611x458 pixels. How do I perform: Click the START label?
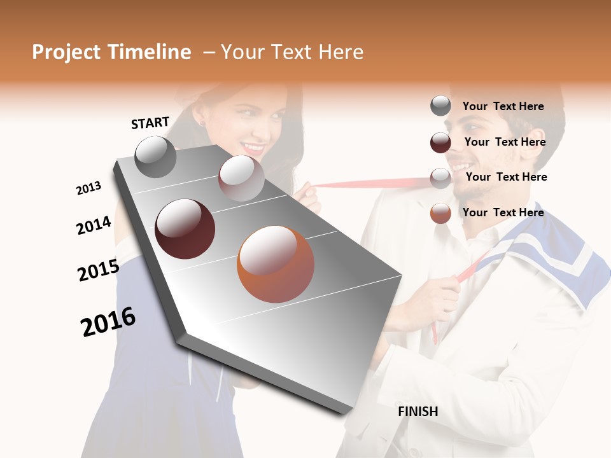(150, 123)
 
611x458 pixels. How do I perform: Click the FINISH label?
(418, 412)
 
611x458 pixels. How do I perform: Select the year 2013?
(88, 188)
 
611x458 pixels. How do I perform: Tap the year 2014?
(94, 225)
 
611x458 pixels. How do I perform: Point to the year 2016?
(108, 322)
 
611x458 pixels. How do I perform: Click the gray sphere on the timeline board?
(155, 156)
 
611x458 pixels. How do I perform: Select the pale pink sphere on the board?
(241, 178)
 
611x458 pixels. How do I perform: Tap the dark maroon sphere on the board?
(185, 229)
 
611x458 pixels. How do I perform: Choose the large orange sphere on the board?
(275, 264)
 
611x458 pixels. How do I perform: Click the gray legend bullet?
(440, 106)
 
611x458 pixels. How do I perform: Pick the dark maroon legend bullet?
(440, 142)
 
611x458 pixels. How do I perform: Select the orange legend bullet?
(440, 213)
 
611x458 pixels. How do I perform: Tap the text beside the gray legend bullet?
(503, 106)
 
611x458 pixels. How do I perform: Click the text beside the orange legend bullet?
(503, 212)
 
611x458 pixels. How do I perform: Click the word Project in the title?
(66, 52)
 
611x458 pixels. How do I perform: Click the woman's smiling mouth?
(253, 149)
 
